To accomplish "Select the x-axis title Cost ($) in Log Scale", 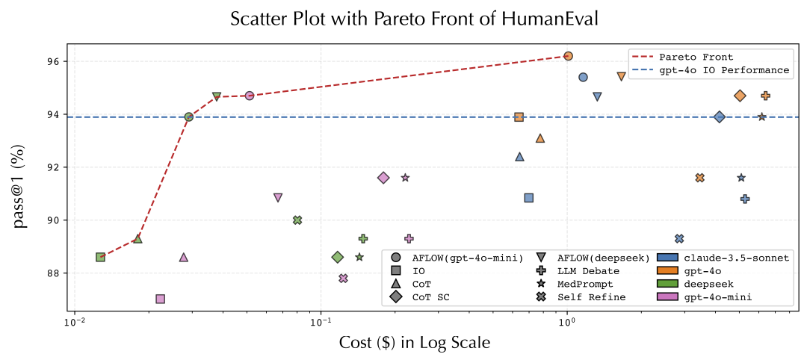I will pos(415,342).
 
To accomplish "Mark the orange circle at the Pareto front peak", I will pos(568,56).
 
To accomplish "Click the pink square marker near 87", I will pos(160,299).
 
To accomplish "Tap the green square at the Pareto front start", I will pos(100,257).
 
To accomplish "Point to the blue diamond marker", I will pos(719,117).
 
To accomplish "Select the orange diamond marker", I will pos(740,96).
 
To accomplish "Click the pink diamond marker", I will pos(383,178).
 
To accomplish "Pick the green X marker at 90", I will pos(297,220).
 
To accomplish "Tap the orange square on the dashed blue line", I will pos(519,117).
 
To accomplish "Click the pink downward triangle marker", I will pos(278,198).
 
